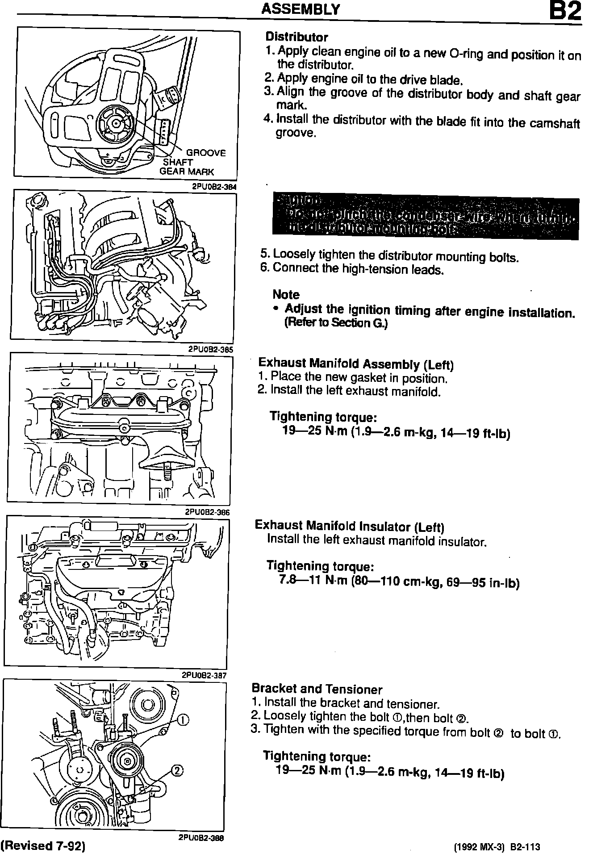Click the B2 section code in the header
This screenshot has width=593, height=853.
point(565,12)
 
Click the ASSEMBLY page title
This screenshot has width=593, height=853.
point(301,9)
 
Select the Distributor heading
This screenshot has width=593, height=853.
point(296,37)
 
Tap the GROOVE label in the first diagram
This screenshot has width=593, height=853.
point(206,153)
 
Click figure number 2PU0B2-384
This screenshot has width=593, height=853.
point(214,187)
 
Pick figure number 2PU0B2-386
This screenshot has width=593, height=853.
point(208,512)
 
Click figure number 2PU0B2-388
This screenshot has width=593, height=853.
point(201,838)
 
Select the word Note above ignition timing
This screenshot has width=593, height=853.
point(286,295)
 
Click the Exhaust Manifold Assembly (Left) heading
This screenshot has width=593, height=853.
point(356,364)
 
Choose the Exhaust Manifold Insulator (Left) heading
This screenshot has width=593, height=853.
point(349,526)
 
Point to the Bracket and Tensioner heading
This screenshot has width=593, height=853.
point(317,689)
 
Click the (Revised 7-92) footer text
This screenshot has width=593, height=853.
point(43,845)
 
